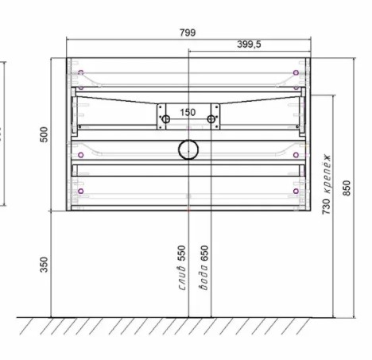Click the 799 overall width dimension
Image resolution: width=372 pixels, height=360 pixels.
[x=188, y=33]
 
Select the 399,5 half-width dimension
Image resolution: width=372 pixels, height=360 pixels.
[x=249, y=44]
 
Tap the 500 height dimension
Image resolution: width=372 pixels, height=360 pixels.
[x=45, y=134]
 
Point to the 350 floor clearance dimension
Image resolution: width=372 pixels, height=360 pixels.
[x=44, y=264]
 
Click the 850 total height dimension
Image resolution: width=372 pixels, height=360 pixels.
[x=347, y=188]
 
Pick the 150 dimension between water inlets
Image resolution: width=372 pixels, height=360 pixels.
[x=188, y=112]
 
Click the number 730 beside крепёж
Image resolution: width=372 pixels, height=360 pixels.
[x=327, y=207]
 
